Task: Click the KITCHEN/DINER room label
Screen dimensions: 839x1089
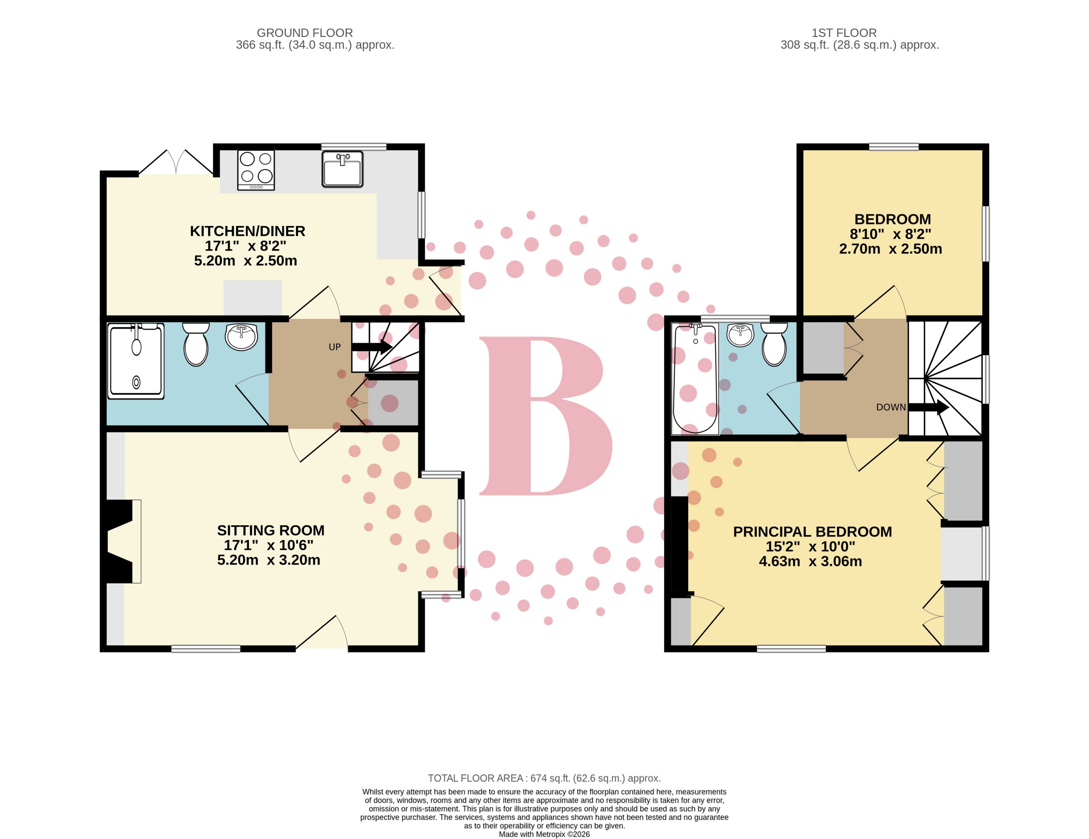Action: (247, 231)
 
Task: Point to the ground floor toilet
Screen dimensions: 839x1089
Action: (196, 345)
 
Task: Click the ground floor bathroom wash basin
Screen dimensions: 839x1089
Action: (241, 337)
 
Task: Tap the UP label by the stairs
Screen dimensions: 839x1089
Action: (335, 347)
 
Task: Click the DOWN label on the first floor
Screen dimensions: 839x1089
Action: (891, 407)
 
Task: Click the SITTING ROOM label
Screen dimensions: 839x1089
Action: (270, 530)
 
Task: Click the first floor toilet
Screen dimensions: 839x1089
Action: (774, 345)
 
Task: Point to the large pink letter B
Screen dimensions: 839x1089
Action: (544, 416)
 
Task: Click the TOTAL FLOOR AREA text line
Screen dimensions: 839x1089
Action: (544, 778)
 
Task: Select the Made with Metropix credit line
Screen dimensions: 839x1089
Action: (544, 834)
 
